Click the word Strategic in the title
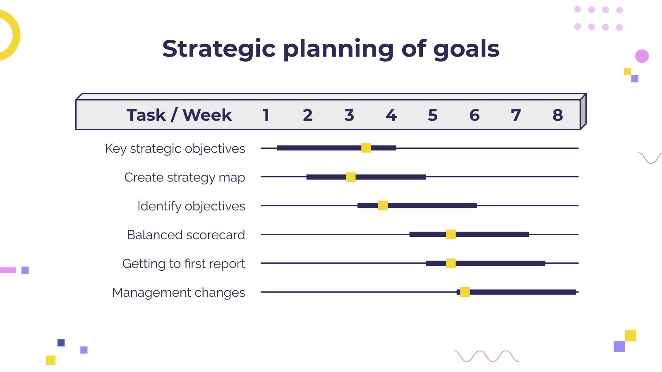coord(218,49)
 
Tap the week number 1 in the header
coord(266,115)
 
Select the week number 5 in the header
coord(432,115)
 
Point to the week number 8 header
coord(557,115)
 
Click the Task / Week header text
coord(179,115)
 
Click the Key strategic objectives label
coord(175,148)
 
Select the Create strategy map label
coord(185,177)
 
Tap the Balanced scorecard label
coord(186,235)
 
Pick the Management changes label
coord(178,293)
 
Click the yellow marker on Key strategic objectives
coord(366,148)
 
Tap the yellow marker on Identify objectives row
coord(383,205)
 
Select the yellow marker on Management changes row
coord(465,292)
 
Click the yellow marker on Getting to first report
coord(451,263)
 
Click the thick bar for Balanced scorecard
coord(492,234)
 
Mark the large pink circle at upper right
coord(642,56)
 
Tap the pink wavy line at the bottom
coord(486,356)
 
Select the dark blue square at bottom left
coord(61,343)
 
